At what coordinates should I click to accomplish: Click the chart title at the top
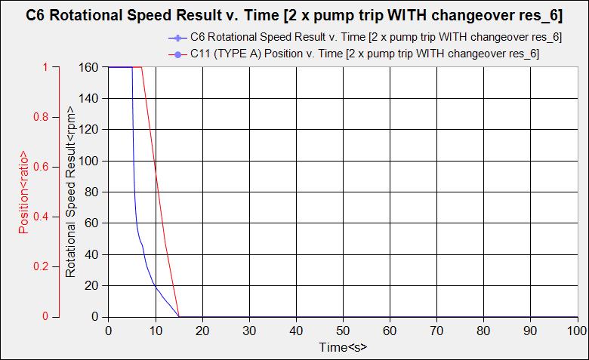(x=294, y=14)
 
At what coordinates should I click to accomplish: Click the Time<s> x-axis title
(x=343, y=348)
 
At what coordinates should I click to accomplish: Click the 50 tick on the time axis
(x=343, y=331)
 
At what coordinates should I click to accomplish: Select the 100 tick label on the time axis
(x=577, y=331)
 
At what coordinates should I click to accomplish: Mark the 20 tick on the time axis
(x=202, y=331)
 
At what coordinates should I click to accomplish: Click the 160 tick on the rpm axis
(x=88, y=66)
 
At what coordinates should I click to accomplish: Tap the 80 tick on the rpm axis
(x=91, y=192)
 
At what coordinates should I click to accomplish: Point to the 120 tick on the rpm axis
(x=88, y=129)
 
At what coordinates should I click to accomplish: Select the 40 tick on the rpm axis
(x=91, y=254)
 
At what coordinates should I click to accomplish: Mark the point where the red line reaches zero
(x=179, y=316)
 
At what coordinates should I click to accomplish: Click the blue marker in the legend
(x=175, y=38)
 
